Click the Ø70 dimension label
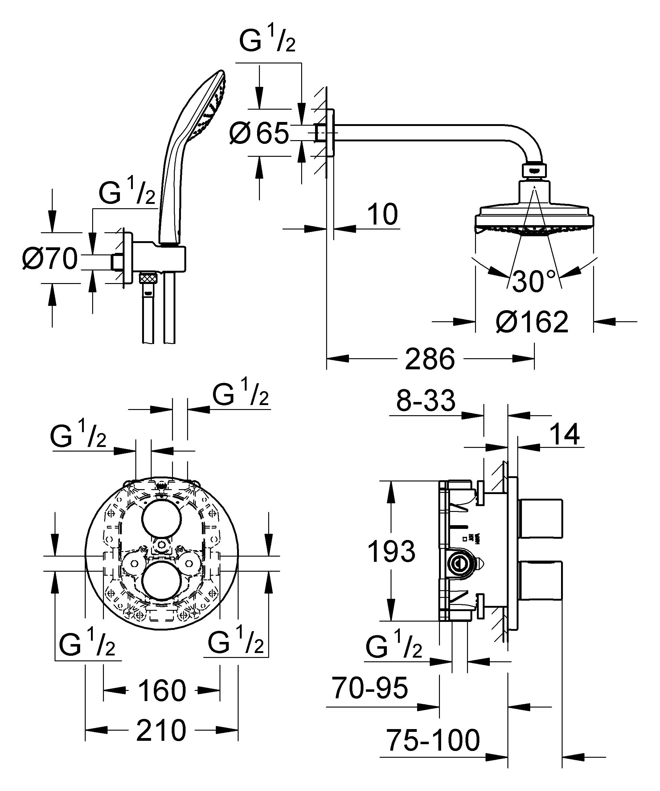(x=50, y=259)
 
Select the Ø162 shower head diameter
(x=532, y=322)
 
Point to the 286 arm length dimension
(x=430, y=359)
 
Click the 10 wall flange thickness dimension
(x=382, y=215)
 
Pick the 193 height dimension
(x=391, y=551)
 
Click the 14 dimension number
(x=564, y=435)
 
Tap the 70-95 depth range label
(x=369, y=688)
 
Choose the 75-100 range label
(x=433, y=740)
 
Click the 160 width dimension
(x=162, y=690)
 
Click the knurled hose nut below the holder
(x=148, y=279)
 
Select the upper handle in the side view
(x=541, y=519)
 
